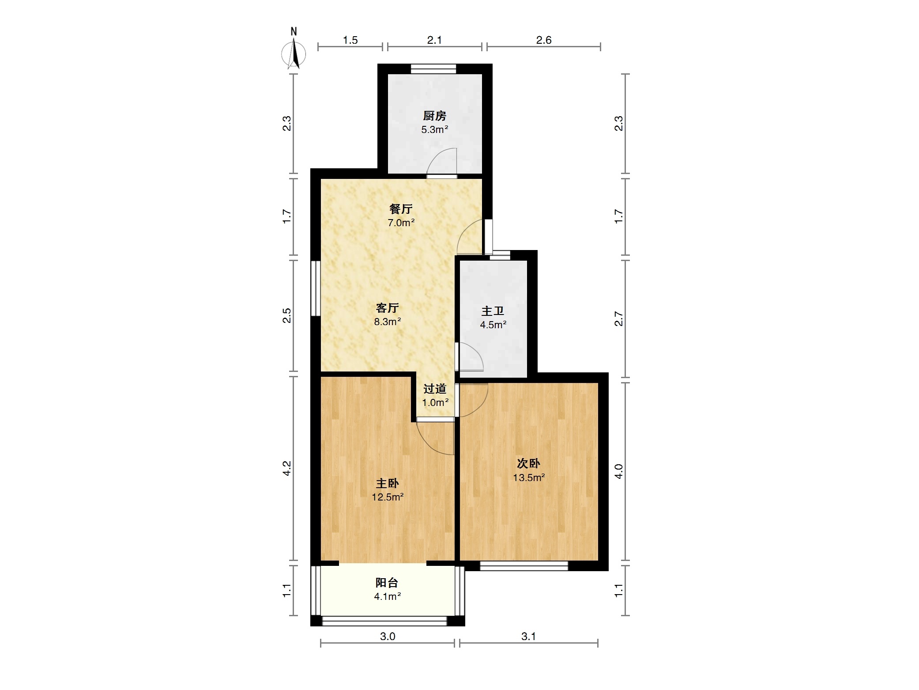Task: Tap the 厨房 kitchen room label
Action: (435, 116)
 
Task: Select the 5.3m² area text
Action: (435, 130)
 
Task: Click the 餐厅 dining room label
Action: (401, 209)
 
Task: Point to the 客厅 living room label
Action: (388, 308)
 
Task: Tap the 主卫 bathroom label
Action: (493, 311)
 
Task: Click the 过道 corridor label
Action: (435, 389)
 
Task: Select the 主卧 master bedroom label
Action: (388, 483)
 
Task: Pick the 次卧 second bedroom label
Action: (528, 463)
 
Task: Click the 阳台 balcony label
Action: (387, 583)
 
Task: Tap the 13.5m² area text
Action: (529, 478)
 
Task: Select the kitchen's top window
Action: (433, 68)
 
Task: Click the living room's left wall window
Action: (315, 288)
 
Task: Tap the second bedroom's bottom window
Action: (524, 566)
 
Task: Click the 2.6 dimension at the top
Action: (544, 40)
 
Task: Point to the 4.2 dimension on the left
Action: (287, 468)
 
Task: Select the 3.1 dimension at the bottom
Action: (528, 637)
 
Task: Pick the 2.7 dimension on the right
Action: (619, 318)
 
